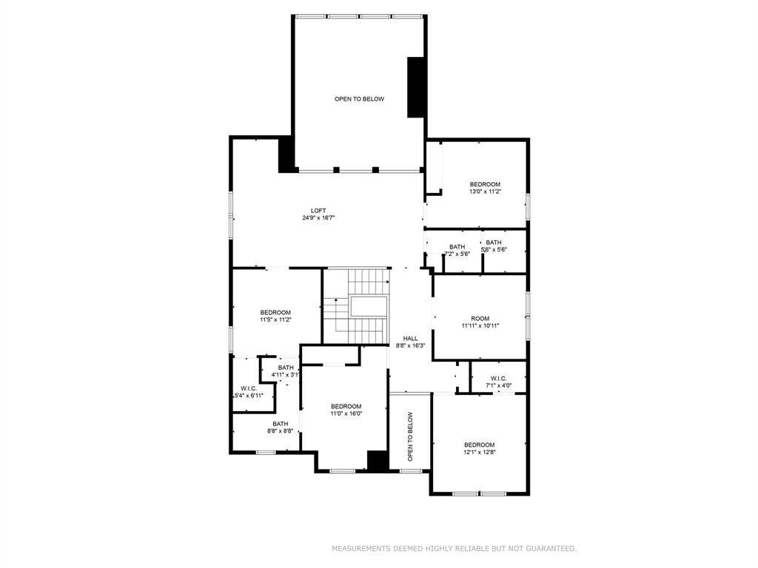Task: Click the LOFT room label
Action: point(318,211)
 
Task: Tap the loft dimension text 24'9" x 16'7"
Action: point(318,218)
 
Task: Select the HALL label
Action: point(410,339)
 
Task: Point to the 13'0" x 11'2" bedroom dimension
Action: point(485,192)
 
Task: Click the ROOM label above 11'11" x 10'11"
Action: point(480,318)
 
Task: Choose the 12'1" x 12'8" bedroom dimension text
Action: point(480,452)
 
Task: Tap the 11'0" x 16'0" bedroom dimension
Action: point(346,413)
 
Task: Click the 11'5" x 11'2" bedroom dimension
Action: point(275,319)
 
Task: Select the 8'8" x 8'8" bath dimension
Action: point(281,431)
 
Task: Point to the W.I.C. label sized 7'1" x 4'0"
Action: point(498,378)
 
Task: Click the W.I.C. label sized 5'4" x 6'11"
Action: point(249,388)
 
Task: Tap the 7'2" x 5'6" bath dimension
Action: point(457,254)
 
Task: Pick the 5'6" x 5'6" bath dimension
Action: point(494,250)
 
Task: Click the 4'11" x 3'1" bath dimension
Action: point(286,375)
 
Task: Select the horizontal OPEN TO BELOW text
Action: point(359,99)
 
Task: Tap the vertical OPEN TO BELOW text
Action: point(410,436)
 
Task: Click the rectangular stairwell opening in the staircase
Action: point(369,307)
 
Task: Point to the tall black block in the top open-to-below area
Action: point(415,87)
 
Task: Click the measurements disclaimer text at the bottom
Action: point(454,548)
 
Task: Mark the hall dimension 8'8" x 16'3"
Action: point(410,346)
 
